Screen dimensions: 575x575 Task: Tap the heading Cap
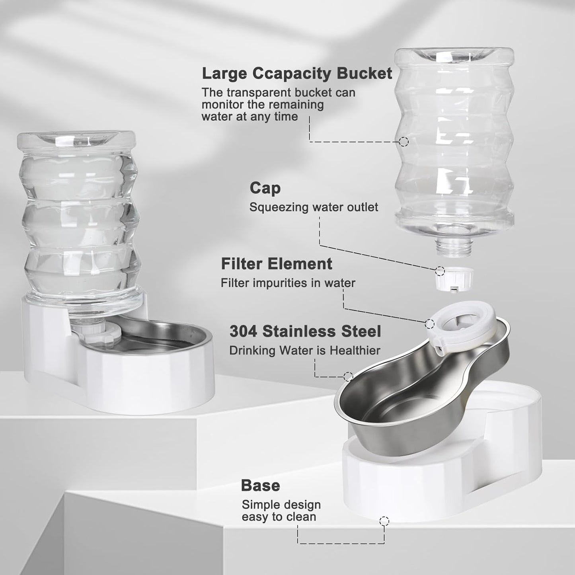(x=265, y=188)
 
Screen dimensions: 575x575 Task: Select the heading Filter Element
(x=277, y=264)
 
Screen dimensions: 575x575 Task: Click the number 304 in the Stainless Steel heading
(x=243, y=331)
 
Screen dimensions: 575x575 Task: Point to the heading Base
(x=260, y=485)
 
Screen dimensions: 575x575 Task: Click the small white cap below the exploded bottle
(x=454, y=281)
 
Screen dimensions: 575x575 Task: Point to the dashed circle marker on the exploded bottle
(x=403, y=141)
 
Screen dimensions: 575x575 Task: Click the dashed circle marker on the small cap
(x=440, y=271)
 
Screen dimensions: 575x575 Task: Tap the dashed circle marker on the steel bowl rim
(x=348, y=376)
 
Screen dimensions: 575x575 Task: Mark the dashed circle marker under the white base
(x=384, y=521)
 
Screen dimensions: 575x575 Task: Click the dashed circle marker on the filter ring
(x=430, y=324)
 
